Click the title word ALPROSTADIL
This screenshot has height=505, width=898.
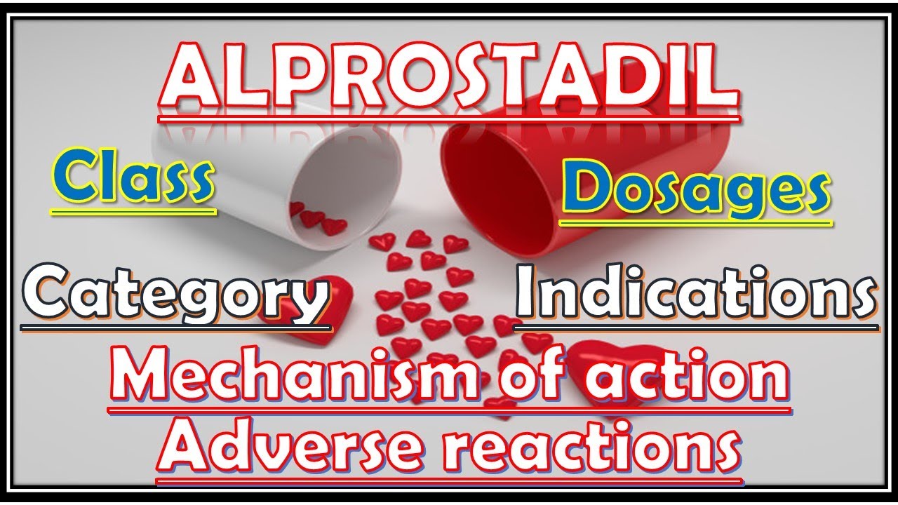449,79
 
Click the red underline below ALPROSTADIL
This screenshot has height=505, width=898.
449,119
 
